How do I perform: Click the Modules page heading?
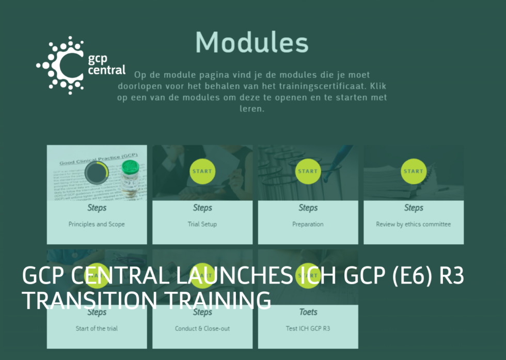click(x=252, y=42)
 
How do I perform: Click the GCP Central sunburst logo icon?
click(x=61, y=65)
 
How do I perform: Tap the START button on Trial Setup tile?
click(x=202, y=171)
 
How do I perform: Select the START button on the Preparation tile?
click(x=308, y=171)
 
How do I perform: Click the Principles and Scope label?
click(x=97, y=224)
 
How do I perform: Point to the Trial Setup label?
click(x=202, y=224)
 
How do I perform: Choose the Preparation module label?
click(x=308, y=224)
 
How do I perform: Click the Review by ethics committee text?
click(x=413, y=224)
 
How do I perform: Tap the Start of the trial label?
click(x=97, y=328)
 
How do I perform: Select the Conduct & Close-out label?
click(x=202, y=328)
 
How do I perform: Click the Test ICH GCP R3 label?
click(x=308, y=328)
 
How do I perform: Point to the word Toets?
click(x=308, y=312)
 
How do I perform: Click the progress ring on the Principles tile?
click(x=96, y=172)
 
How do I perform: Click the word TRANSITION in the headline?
click(x=88, y=300)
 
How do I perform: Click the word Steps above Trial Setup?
click(x=202, y=208)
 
